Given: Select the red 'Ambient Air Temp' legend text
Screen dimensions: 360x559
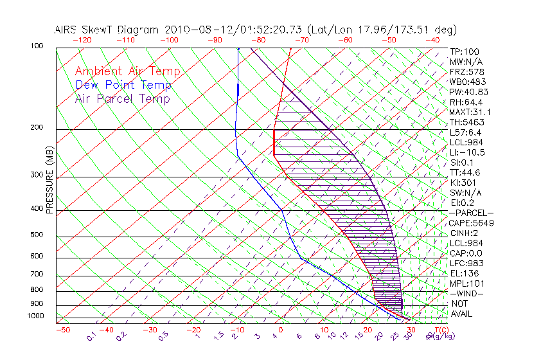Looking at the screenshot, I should (x=127, y=71).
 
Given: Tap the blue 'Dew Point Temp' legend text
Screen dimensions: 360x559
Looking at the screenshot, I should (x=123, y=85).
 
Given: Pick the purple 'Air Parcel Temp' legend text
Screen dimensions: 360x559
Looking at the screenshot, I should (x=122, y=98).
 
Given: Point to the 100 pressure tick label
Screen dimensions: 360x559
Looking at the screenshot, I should (x=37, y=46).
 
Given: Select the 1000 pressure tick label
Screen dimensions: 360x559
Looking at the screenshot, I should (x=35, y=316).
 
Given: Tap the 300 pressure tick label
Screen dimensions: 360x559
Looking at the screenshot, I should (x=37, y=175).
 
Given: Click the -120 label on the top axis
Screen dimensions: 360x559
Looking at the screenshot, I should (x=82, y=40).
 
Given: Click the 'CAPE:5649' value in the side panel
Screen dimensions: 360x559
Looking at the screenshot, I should (x=470, y=223).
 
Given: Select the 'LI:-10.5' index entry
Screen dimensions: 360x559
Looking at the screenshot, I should (x=467, y=152).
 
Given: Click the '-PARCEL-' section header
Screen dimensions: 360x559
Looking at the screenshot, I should (x=471, y=213).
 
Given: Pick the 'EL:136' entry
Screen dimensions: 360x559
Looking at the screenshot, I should (x=464, y=273).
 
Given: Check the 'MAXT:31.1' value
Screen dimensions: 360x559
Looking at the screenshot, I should (x=470, y=112).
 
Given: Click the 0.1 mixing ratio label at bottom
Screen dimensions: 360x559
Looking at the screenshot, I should (x=91, y=336).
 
